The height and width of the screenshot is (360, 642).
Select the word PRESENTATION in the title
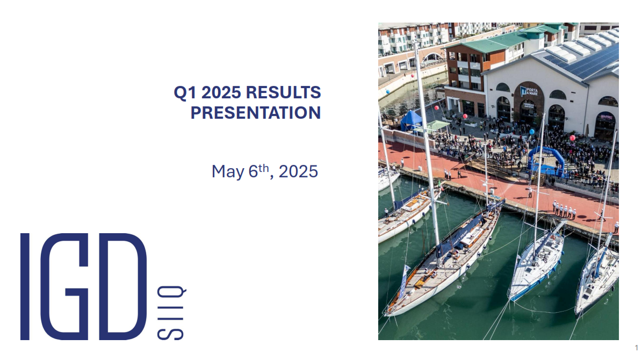click(x=256, y=113)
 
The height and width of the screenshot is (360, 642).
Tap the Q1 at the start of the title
click(x=183, y=92)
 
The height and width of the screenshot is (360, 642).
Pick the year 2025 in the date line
click(x=298, y=171)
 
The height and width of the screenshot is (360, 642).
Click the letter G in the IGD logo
click(x=72, y=286)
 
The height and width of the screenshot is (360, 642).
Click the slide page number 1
click(x=636, y=347)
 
